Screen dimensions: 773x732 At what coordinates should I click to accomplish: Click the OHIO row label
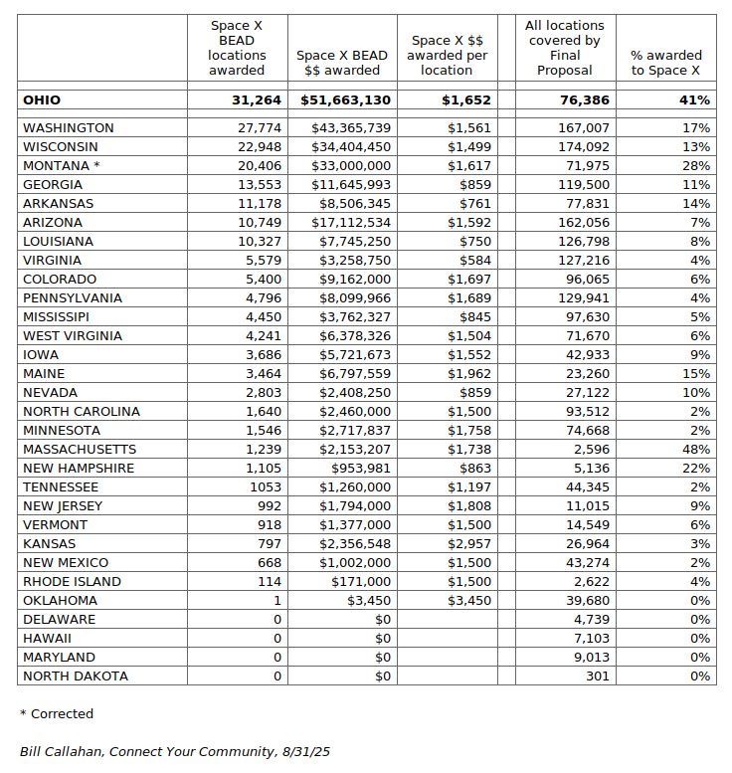coord(42,99)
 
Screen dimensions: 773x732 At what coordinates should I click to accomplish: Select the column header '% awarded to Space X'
coord(665,63)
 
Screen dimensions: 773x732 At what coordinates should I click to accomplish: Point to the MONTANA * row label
coord(62,166)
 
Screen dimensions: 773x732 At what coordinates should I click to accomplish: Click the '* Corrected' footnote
coord(56,713)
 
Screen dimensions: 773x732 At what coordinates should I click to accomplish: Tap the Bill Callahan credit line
coord(174,751)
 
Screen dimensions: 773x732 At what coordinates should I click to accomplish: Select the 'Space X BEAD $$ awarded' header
coord(343,63)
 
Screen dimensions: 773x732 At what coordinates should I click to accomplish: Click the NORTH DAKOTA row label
coord(76,676)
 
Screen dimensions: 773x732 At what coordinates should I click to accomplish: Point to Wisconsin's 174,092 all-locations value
coord(582,147)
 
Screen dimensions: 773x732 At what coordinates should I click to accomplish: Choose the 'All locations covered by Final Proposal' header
coord(565,48)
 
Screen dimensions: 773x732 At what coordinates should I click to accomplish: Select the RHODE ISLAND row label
coord(72,582)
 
